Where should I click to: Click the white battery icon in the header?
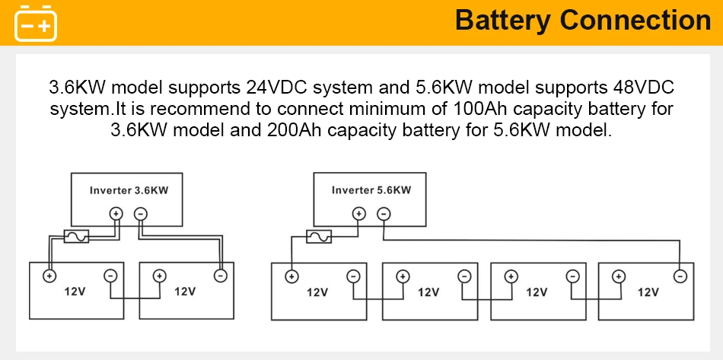click(x=37, y=22)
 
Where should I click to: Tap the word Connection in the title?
click(x=635, y=21)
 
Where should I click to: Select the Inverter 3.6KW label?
click(x=129, y=190)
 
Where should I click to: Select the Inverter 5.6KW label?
click(x=371, y=190)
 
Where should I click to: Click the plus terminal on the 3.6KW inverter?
click(x=116, y=215)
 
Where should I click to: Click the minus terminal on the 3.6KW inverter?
click(x=140, y=215)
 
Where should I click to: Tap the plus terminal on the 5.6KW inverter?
click(x=358, y=215)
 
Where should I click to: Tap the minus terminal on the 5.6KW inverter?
click(x=384, y=215)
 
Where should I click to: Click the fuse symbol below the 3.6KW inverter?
click(x=75, y=237)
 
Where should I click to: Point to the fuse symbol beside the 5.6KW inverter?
click(x=318, y=237)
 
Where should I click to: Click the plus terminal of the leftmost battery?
click(x=49, y=276)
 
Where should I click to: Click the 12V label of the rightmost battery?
click(x=648, y=292)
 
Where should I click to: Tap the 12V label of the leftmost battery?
click(x=75, y=292)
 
